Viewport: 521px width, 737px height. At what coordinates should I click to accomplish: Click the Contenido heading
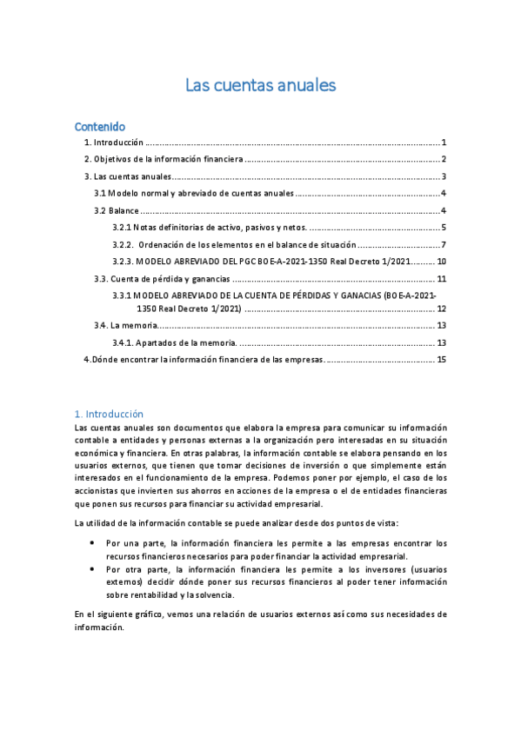[x=100, y=126]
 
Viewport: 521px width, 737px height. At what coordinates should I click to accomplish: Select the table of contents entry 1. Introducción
[x=113, y=143]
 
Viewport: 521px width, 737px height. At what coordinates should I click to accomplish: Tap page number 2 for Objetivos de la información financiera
[x=444, y=159]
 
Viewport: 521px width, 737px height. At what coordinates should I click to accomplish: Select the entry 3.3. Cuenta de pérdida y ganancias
[x=162, y=279]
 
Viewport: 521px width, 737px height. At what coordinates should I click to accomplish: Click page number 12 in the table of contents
[x=442, y=309]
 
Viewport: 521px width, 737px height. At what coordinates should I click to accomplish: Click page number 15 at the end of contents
[x=442, y=359]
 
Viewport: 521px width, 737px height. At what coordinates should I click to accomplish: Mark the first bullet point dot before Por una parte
[x=93, y=543]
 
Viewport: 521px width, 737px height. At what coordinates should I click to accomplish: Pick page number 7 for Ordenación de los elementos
[x=444, y=244]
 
